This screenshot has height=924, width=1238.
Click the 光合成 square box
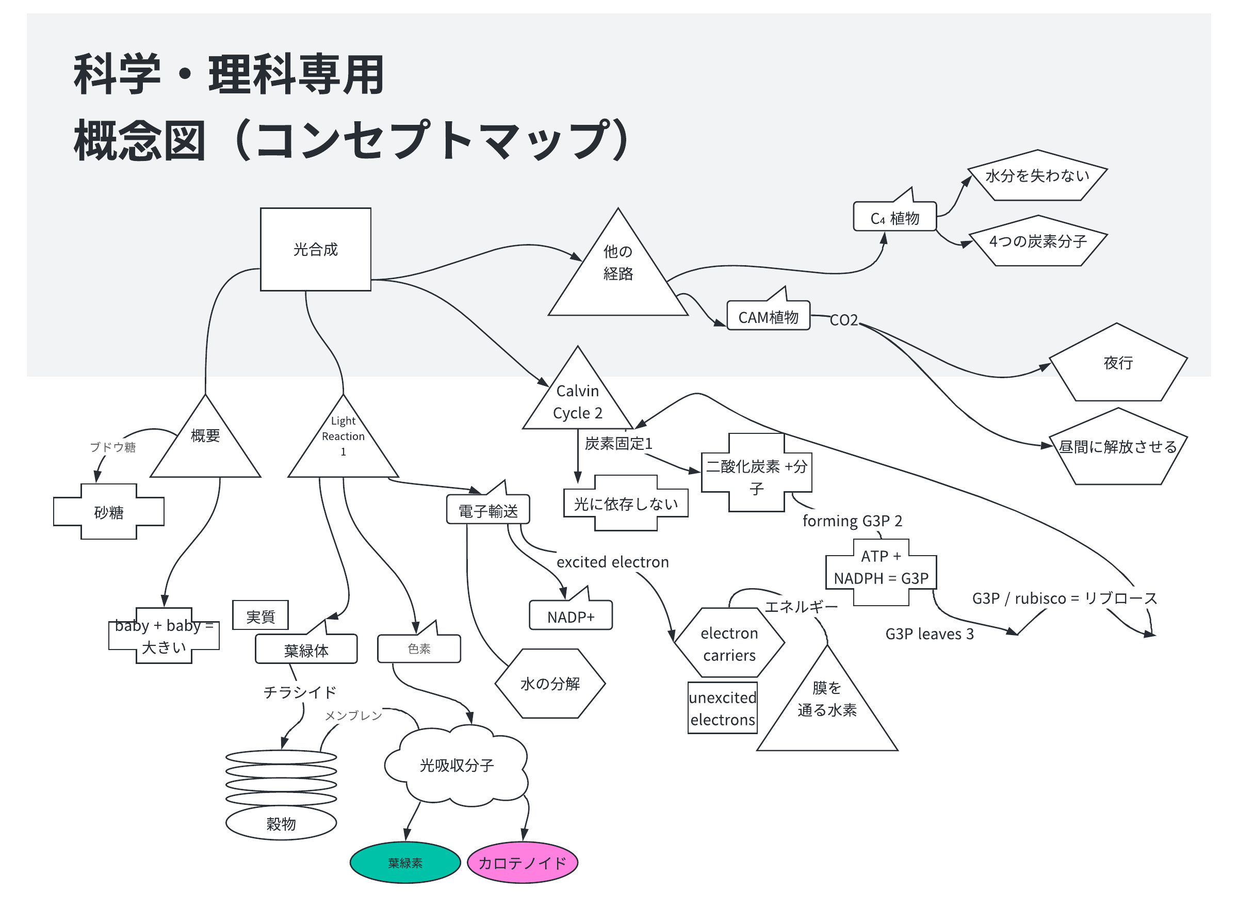(315, 250)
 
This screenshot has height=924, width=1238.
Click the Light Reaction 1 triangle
(343, 442)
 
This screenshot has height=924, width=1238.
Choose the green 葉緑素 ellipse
(405, 863)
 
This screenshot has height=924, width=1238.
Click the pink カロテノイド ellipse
(522, 863)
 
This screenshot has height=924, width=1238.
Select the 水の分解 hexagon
(550, 684)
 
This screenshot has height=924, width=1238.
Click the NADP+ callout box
(571, 617)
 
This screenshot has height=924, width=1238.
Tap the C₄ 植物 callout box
(894, 218)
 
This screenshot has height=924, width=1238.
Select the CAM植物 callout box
(768, 317)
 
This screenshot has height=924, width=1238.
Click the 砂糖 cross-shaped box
(108, 512)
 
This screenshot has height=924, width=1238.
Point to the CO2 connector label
(843, 320)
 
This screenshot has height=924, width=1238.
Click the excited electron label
(612, 561)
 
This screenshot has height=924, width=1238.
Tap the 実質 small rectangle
(260, 616)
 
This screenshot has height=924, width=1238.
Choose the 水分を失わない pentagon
(1037, 177)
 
